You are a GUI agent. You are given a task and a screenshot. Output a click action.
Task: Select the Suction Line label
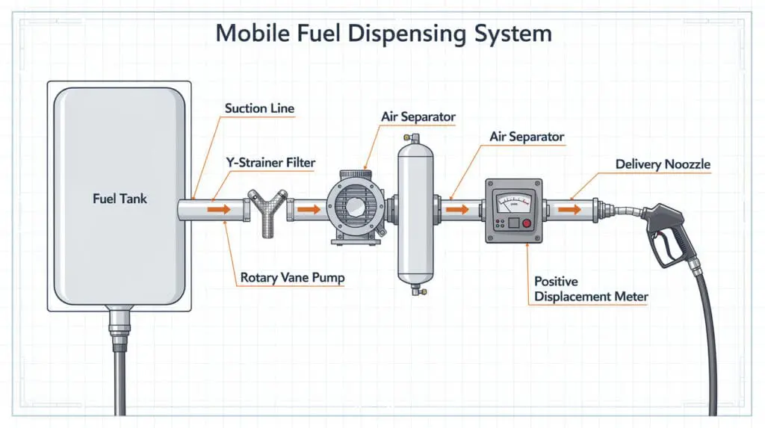coord(259,109)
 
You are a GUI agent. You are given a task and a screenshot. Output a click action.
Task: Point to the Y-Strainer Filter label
coord(271,162)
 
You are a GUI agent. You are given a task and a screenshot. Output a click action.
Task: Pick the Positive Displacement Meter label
coord(590,289)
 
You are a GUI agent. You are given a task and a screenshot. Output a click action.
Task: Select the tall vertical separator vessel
coord(411,212)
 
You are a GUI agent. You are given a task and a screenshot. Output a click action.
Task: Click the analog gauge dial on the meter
coord(515,201)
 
